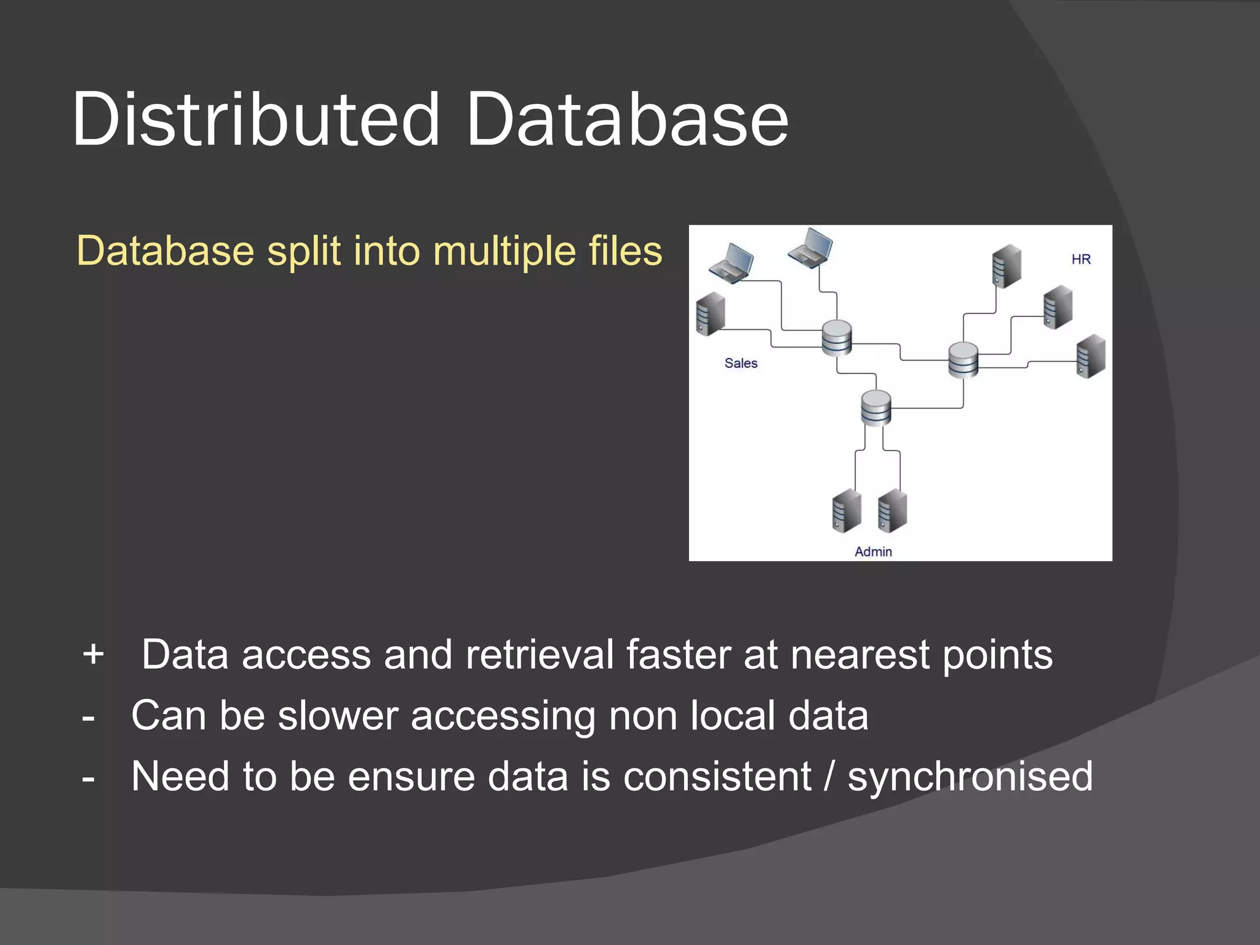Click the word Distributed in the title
pyautogui.click(x=255, y=120)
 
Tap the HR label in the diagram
pyautogui.click(x=1080, y=259)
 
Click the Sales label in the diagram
pyautogui.click(x=740, y=363)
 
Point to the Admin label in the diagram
pyautogui.click(x=872, y=551)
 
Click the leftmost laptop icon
pyautogui.click(x=732, y=263)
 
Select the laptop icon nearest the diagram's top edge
pyautogui.click(x=811, y=247)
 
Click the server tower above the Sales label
pyautogui.click(x=710, y=314)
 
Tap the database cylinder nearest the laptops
pyautogui.click(x=837, y=338)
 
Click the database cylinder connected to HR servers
pyautogui.click(x=963, y=360)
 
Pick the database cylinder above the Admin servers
pyautogui.click(x=876, y=408)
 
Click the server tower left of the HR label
pyautogui.click(x=1007, y=266)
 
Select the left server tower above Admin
pyautogui.click(x=847, y=511)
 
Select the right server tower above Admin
pyautogui.click(x=892, y=511)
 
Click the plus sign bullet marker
pyautogui.click(x=93, y=653)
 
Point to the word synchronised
pyautogui.click(x=970, y=776)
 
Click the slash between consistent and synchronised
pyautogui.click(x=829, y=776)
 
